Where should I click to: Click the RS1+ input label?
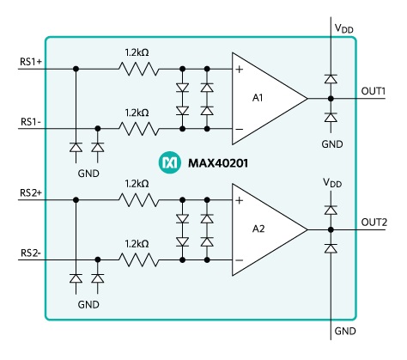point(31,62)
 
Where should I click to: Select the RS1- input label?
point(31,122)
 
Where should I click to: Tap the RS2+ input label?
point(31,192)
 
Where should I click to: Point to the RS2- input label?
point(31,253)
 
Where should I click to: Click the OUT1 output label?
point(374,91)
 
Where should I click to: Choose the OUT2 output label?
point(374,223)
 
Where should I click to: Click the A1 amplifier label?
point(258,98)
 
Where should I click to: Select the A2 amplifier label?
point(258,229)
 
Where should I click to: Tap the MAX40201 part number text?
point(218,163)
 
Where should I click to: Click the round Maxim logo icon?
point(170,162)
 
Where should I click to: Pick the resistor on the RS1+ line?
point(138,69)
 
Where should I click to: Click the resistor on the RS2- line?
point(138,260)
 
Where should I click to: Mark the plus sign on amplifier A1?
point(240,70)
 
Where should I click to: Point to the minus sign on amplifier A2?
point(240,260)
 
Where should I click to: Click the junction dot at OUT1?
point(331,99)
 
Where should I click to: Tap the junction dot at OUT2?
point(331,229)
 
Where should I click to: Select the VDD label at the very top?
point(344,28)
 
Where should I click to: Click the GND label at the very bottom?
point(345,331)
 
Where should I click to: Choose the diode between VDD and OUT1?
point(331,78)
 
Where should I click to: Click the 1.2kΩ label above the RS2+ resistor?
point(137,184)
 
